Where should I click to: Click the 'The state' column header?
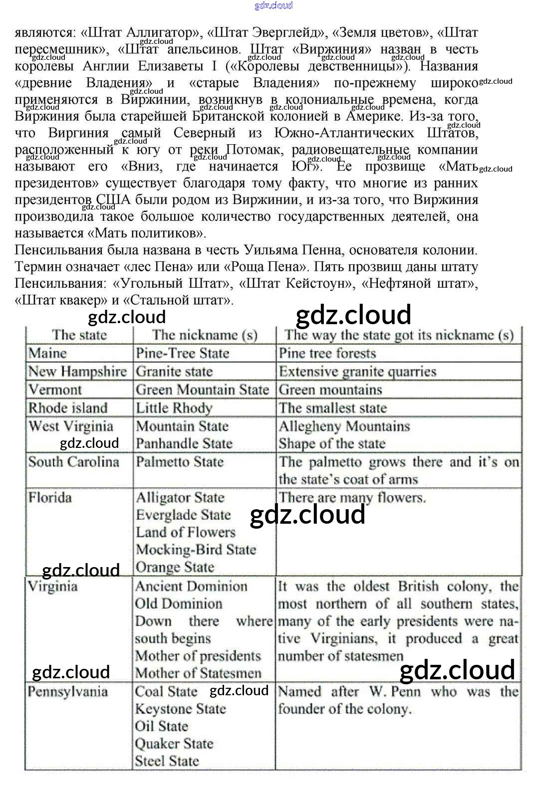[79, 335]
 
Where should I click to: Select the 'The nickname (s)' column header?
[205, 335]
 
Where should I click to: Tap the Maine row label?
[47, 353]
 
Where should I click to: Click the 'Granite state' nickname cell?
[174, 372]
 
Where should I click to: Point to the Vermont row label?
[55, 390]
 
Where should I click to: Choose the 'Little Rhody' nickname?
[174, 408]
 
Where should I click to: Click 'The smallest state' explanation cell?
[333, 408]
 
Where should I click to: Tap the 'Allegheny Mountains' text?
[344, 426]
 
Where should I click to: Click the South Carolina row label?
[74, 462]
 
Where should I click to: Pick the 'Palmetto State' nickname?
[180, 462]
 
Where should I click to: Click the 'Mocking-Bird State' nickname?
[196, 550]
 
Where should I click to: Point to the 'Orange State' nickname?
[175, 567]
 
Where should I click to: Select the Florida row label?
[50, 497]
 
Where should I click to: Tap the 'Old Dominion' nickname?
[179, 603]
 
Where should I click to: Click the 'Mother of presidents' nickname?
[198, 656]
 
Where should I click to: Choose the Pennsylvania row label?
[68, 692]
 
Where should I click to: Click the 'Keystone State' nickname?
[181, 709]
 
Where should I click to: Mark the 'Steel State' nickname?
[167, 761]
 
